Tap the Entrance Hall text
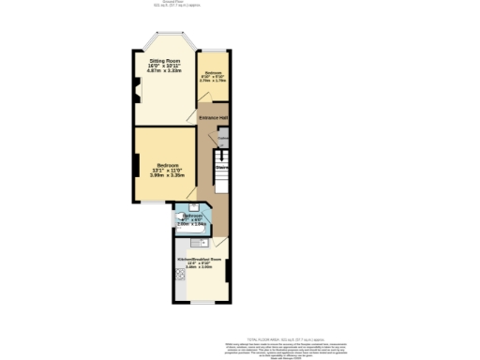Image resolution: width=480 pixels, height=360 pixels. pos(214,117)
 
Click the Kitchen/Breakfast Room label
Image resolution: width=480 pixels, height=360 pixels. pos(198,258)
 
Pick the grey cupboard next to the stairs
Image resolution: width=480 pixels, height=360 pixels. pos(223,142)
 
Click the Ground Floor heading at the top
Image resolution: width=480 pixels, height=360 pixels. pos(239,5)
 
